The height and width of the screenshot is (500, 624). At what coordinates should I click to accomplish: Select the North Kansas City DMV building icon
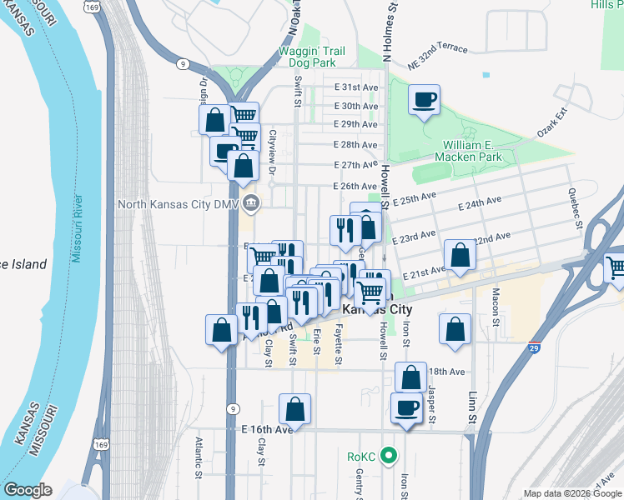tap(250, 202)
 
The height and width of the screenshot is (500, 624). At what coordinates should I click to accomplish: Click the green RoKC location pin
tap(387, 456)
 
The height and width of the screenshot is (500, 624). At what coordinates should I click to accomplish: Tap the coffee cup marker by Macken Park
tap(424, 100)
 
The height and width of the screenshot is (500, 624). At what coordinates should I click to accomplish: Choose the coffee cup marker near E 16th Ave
tap(406, 408)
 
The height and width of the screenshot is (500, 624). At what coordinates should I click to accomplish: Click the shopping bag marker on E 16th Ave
tap(294, 409)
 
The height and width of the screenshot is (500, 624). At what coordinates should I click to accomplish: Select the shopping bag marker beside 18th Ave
tap(410, 377)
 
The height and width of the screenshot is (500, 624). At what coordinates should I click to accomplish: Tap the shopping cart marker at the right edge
tap(616, 268)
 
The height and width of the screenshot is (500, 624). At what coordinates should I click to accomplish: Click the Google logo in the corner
tap(28, 490)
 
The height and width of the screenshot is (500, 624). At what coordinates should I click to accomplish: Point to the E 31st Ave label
tap(356, 87)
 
